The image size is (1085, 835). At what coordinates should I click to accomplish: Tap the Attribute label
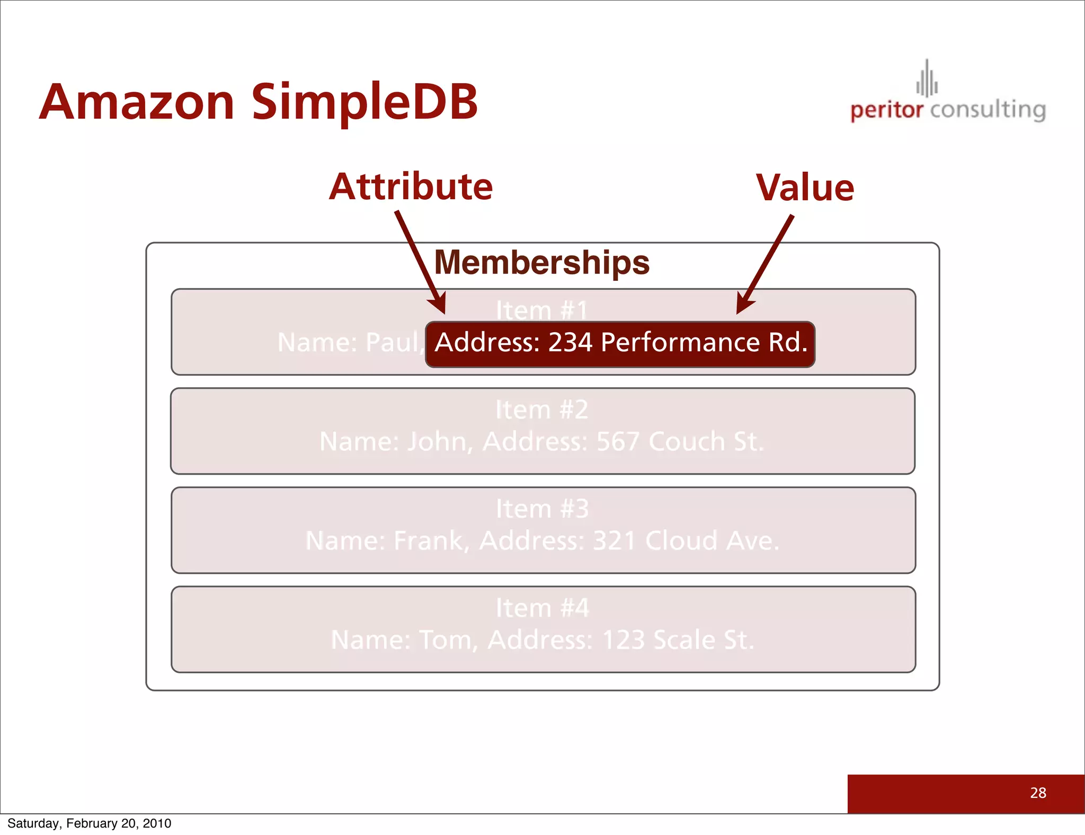tap(411, 187)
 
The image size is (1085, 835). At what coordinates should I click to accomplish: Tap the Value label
tap(805, 188)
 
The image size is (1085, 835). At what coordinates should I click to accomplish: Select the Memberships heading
tap(541, 262)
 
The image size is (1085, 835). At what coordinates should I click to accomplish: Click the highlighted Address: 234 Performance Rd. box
tap(620, 343)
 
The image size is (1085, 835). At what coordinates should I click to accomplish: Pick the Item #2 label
tap(541, 410)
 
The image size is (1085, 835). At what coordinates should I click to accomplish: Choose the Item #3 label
tap(542, 509)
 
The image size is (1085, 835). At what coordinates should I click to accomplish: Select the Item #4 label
tap(542, 608)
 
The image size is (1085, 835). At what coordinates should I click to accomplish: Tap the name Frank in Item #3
tap(429, 541)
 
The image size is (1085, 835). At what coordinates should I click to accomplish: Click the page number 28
tap(1038, 793)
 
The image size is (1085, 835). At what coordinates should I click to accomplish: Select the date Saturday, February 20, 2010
tap(89, 823)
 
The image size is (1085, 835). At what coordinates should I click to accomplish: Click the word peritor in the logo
tap(886, 110)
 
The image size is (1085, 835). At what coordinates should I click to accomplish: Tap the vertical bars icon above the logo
tap(927, 79)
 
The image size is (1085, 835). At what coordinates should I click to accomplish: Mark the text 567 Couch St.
tap(680, 441)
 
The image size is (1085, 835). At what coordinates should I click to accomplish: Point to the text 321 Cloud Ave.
tap(686, 541)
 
